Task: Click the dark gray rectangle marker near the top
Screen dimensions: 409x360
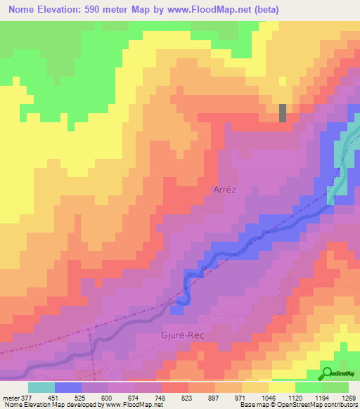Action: [283, 112]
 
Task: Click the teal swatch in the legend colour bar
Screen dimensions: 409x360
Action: [41, 387]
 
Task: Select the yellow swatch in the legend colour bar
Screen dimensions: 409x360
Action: [281, 387]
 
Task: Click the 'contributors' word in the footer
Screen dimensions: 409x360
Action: [340, 405]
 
